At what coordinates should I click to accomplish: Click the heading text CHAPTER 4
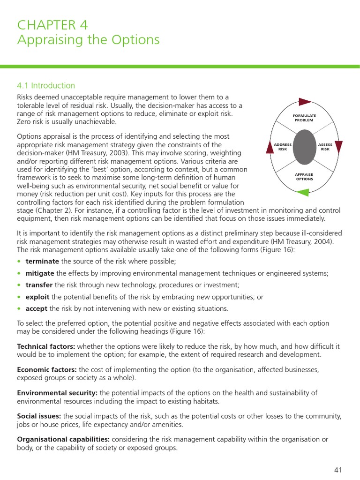coord(52,25)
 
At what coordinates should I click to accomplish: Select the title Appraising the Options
coord(88,40)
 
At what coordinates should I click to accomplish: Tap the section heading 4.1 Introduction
coord(46,85)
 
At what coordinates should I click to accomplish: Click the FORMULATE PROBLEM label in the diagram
coord(305,118)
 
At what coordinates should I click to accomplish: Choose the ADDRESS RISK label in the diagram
coord(283,147)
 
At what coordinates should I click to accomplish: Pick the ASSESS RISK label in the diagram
coord(325,147)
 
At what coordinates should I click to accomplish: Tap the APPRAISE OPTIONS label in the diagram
coord(305,177)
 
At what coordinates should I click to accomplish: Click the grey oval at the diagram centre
coord(305,147)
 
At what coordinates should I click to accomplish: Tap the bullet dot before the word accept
coord(19,309)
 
